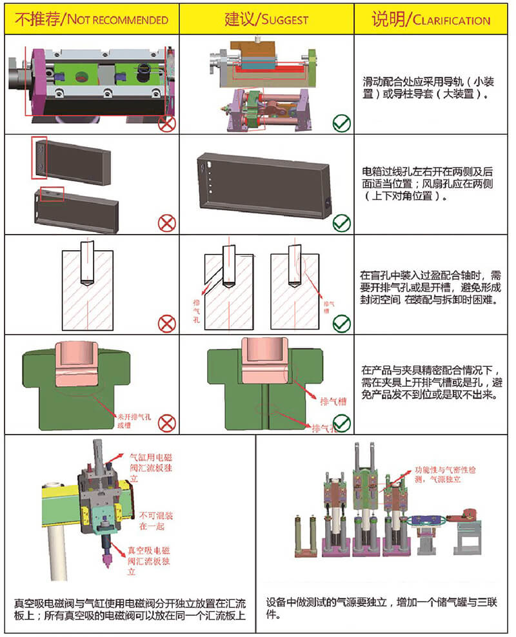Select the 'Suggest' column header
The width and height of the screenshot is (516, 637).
pos(266,19)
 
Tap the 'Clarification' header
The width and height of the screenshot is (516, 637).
pos(430,19)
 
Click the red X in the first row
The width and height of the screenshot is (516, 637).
pos(167,122)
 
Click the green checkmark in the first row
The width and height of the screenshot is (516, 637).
pos(341,122)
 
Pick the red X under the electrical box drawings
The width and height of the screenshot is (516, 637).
pos(167,223)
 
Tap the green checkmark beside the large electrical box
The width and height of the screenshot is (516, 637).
pos(341,223)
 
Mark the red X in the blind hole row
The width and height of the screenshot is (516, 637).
pos(167,323)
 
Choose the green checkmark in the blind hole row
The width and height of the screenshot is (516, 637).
pos(341,323)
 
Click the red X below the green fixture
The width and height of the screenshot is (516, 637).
pos(167,423)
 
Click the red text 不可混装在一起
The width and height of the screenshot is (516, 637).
pos(152,521)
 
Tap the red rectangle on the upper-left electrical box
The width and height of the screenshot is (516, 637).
pos(39,157)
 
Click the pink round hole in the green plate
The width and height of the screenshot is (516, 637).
pos(81,77)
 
